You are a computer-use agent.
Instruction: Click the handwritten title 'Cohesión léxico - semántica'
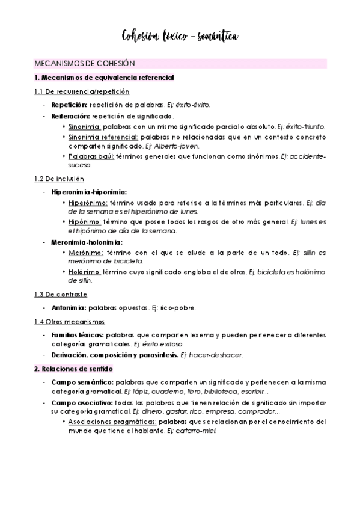pos(180,37)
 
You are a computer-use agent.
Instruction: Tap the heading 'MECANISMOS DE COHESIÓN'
pos(85,63)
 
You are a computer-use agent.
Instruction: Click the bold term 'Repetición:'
pos(70,105)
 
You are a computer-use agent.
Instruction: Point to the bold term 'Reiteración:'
pos(70,115)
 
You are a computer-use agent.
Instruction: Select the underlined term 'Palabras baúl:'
pos(90,156)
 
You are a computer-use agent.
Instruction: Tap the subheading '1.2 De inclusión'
pos(59,179)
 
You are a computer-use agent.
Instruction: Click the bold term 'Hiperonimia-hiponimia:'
pos(89,192)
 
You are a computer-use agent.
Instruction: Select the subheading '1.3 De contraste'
pos(61,295)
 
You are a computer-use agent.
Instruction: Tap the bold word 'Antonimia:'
pos(71,308)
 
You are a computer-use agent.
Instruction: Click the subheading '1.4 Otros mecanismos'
pos(69,322)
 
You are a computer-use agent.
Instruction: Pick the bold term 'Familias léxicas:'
pos(78,334)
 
